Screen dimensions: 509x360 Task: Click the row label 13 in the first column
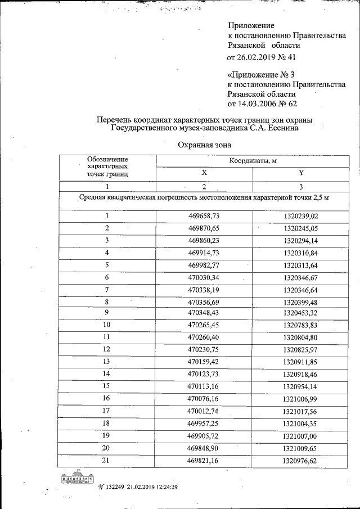coord(106,361)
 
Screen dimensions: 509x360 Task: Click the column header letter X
coord(204,173)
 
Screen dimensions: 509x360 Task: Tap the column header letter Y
coord(301,173)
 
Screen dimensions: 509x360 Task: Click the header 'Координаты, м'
coord(253,161)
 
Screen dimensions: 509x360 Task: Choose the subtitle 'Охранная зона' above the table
coord(204,145)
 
